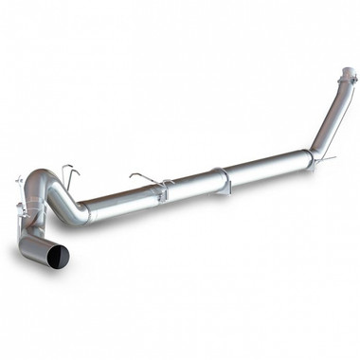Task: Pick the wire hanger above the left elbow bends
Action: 68,173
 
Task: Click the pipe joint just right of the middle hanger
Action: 167,191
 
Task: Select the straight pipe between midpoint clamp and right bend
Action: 265,167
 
